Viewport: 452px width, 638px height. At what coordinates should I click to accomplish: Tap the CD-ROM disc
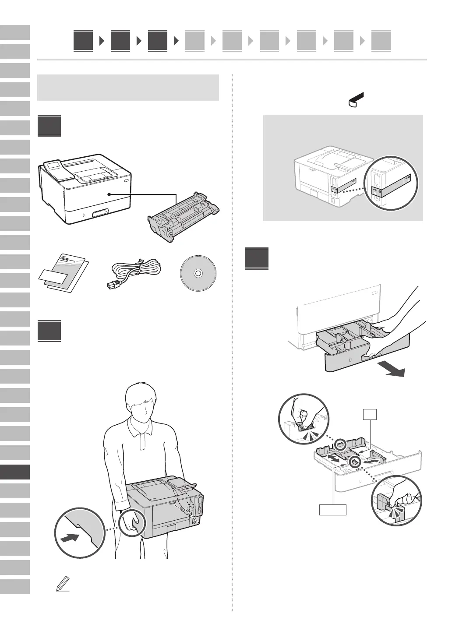coord(198,274)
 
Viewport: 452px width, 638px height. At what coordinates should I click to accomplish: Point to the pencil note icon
coord(63,585)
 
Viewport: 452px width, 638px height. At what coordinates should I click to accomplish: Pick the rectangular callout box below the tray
coord(332,509)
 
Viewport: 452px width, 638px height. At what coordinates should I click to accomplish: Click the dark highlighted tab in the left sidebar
coord(15,472)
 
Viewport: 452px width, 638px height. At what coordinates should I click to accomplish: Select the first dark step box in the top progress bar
coord(83,41)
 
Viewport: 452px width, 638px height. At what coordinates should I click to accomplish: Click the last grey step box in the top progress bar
coord(381,41)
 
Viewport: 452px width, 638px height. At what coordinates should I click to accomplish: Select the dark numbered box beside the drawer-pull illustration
coord(257,258)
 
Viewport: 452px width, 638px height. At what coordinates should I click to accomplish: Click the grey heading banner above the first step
coord(128,88)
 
